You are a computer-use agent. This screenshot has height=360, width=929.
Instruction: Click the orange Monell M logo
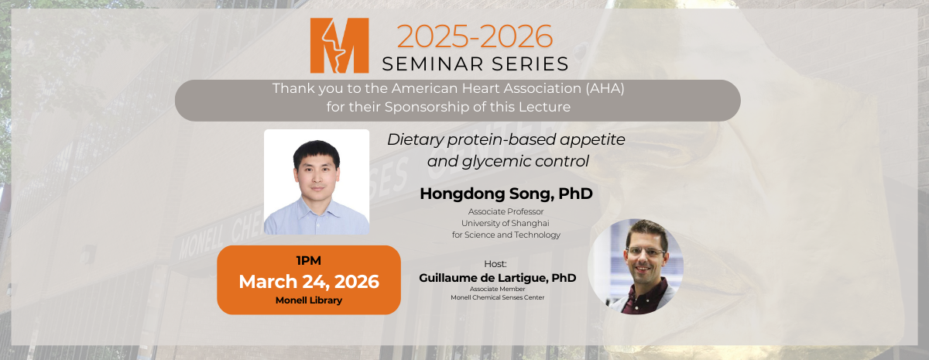(x=339, y=46)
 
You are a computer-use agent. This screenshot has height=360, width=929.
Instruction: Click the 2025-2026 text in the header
(x=475, y=36)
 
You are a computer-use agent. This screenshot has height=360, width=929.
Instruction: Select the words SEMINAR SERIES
(x=474, y=63)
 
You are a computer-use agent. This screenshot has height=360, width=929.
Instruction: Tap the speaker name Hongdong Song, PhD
(x=506, y=194)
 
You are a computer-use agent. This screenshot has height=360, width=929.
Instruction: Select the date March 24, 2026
(x=308, y=281)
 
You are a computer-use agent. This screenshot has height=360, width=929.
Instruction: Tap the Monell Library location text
(x=308, y=300)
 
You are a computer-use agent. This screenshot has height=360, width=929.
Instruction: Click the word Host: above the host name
(x=495, y=263)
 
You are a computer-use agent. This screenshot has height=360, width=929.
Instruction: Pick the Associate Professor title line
(x=506, y=211)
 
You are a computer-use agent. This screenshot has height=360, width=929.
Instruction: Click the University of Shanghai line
(x=506, y=223)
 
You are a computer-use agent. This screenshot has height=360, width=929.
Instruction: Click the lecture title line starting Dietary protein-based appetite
(x=506, y=140)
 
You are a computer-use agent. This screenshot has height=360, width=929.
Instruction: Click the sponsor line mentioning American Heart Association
(x=447, y=89)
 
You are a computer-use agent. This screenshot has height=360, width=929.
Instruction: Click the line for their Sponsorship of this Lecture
(x=447, y=107)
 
